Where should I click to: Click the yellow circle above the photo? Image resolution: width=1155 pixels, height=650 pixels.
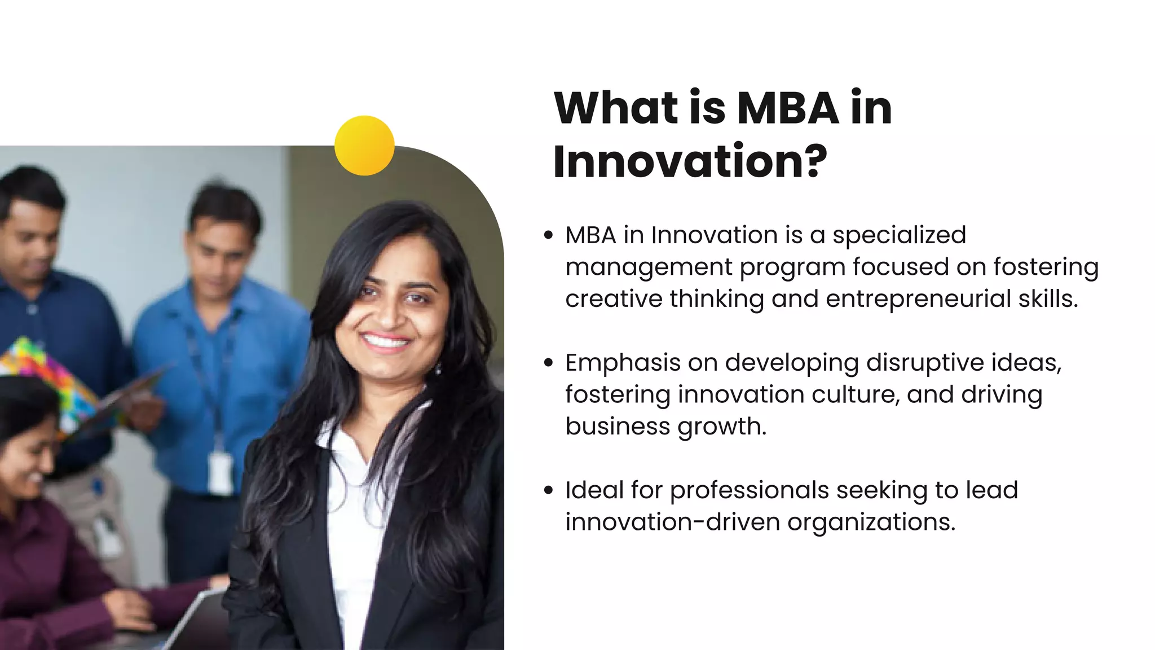[x=364, y=146]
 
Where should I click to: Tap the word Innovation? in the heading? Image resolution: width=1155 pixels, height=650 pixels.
[x=690, y=162]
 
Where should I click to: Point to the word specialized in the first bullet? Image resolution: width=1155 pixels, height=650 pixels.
[x=899, y=236]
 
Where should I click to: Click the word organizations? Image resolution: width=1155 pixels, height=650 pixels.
[x=871, y=522]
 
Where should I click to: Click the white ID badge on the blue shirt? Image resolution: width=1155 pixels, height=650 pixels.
[x=221, y=473]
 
